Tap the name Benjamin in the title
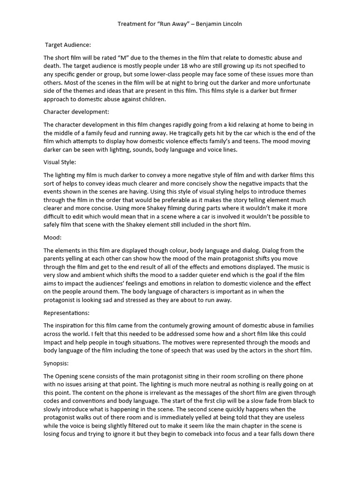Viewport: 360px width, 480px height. click(x=207, y=23)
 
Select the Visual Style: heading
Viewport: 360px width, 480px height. click(x=60, y=162)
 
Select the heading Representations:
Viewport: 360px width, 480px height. click(x=67, y=312)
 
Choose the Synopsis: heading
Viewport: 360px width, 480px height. click(x=58, y=363)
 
